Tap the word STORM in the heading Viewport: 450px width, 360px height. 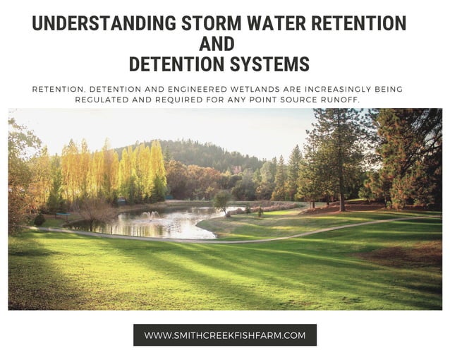click(205, 23)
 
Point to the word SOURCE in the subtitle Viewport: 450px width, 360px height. click(308, 100)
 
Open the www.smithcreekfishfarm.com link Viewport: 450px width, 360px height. click(225, 335)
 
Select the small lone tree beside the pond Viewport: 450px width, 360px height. click(221, 200)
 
